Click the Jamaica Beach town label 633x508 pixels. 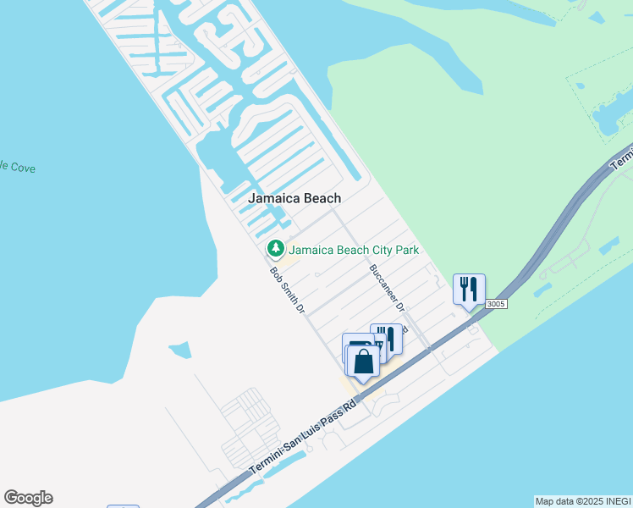294,198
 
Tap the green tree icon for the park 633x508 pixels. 274,249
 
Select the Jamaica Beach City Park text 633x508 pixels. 354,250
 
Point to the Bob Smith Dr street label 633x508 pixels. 287,291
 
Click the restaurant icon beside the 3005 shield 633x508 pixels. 468,289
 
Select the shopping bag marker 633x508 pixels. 363,362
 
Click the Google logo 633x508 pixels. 28,498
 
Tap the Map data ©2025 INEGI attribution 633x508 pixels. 583,501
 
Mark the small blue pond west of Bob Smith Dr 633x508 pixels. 179,349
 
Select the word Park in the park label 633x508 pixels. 405,250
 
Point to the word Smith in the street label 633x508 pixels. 288,293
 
